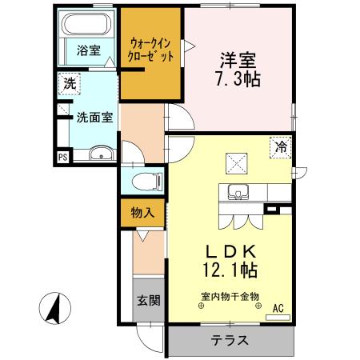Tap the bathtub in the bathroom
point(87,26)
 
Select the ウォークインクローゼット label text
point(151,50)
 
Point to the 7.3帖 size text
point(238,81)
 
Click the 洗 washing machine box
point(68,82)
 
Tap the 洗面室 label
point(94,117)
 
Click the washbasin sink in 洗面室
point(99,155)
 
